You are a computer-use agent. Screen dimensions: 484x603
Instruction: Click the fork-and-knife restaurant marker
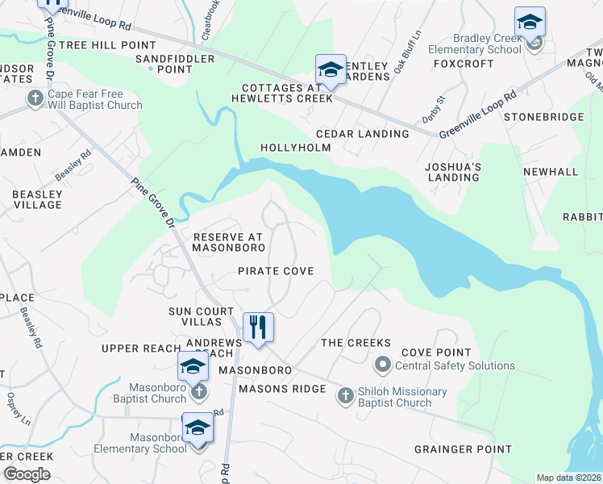[x=258, y=328]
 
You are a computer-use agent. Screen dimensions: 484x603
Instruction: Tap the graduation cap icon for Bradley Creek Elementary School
[x=530, y=22]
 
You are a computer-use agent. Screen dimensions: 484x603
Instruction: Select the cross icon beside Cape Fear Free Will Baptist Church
[x=35, y=98]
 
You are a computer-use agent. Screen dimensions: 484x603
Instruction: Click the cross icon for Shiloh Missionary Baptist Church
[x=345, y=394]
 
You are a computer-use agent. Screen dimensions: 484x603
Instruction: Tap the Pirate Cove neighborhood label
[x=275, y=271]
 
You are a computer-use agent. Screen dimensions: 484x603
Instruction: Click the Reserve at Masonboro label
[x=228, y=242]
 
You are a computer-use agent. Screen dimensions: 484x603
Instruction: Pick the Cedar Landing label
[x=351, y=134]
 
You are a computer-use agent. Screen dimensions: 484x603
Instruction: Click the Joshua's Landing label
[x=453, y=172]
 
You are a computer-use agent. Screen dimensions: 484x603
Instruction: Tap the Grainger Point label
[x=463, y=449]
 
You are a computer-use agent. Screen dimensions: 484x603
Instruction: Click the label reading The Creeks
[x=356, y=343]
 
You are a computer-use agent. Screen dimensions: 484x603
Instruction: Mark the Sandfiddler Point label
[x=175, y=65]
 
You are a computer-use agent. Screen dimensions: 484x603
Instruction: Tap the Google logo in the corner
[x=27, y=474]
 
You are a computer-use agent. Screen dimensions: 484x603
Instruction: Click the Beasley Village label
[x=36, y=199]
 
